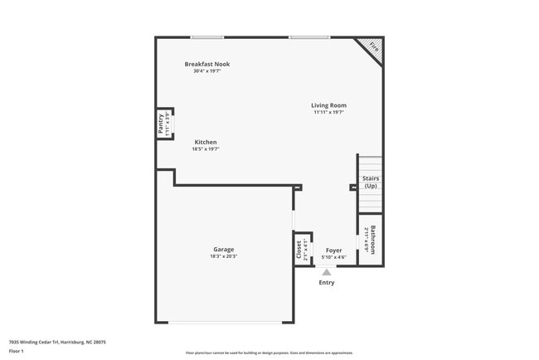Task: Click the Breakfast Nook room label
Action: (207, 64)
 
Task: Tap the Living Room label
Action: (328, 105)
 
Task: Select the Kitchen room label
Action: (206, 142)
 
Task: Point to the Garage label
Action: (223, 249)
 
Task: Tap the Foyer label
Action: (333, 250)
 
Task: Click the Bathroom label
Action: (374, 241)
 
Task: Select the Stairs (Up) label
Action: (370, 182)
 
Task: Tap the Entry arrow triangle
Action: (327, 271)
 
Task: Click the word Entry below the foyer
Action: (327, 283)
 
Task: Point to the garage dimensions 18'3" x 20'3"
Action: (223, 256)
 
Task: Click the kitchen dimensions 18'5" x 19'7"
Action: (206, 149)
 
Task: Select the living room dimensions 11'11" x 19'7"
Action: (328, 113)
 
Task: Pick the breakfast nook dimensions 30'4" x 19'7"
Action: (207, 71)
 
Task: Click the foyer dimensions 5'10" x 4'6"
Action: (333, 257)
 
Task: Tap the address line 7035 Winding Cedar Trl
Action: (57, 341)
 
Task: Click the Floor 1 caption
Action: (17, 351)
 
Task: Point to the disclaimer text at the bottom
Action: (269, 353)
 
